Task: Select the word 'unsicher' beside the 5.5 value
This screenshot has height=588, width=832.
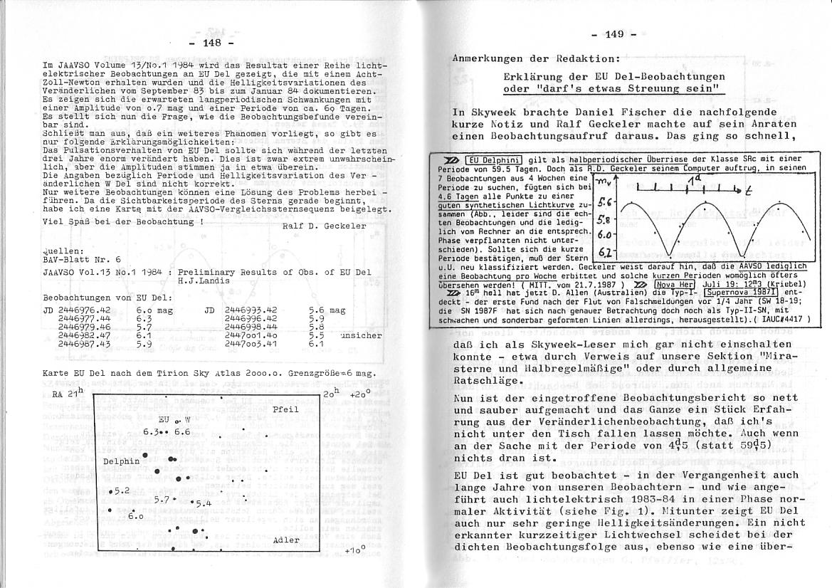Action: point(361,335)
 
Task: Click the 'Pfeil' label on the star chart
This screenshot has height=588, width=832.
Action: point(285,411)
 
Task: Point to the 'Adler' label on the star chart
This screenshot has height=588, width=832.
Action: point(285,540)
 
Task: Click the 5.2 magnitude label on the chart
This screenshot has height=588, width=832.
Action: point(121,491)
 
